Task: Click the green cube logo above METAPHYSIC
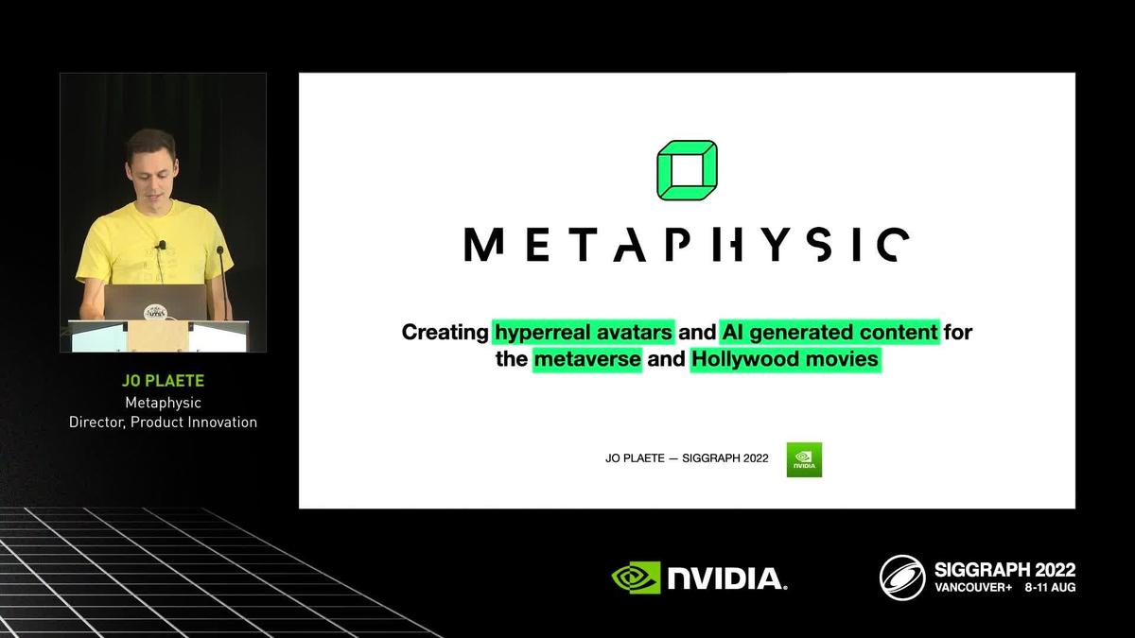[687, 170]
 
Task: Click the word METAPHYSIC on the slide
[687, 244]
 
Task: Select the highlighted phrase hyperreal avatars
[584, 333]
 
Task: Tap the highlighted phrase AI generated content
[829, 333]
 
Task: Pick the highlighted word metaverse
[586, 360]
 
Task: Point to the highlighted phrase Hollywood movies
[785, 360]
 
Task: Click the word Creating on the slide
[445, 333]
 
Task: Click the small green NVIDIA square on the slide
[804, 459]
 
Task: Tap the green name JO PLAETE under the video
[163, 382]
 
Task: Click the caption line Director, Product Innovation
[163, 422]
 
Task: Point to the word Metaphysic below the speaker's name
[163, 403]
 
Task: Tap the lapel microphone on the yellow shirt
[162, 245]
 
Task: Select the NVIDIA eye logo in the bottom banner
[636, 578]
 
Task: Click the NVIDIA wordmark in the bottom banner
[726, 578]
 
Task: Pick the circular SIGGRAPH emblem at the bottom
[901, 577]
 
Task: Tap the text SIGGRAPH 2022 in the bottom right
[1004, 570]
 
